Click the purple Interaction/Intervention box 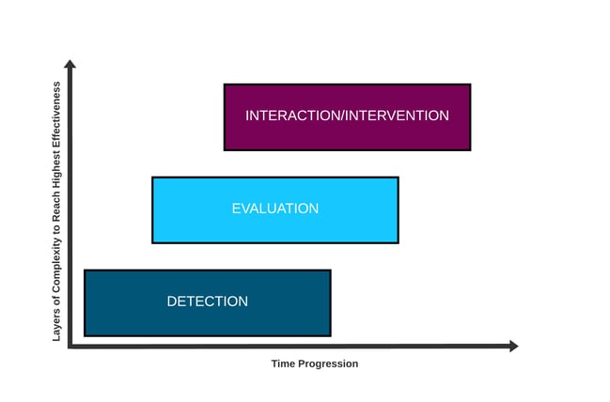(348, 117)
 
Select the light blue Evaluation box (275, 210)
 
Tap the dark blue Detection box (208, 302)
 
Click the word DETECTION (208, 301)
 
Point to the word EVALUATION (275, 209)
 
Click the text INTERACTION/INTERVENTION (348, 116)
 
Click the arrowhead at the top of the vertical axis (70, 64)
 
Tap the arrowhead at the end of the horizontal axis (514, 346)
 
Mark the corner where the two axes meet (70, 346)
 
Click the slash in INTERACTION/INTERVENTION (343, 116)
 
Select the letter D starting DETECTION (172, 301)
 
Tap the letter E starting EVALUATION (236, 209)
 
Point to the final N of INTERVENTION (445, 116)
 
